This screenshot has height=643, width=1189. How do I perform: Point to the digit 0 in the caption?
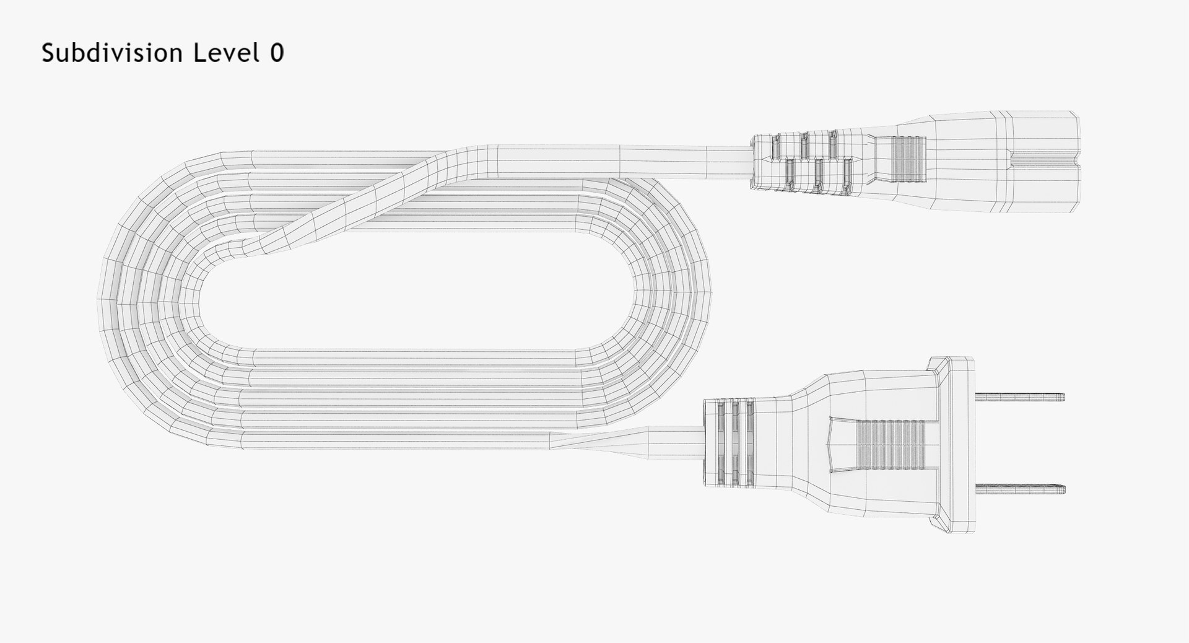tap(276, 53)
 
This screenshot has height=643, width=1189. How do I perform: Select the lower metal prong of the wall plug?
tap(1021, 489)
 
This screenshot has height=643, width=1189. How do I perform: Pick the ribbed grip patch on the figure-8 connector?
tap(908, 160)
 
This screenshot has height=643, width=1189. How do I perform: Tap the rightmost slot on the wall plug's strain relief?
tap(749, 442)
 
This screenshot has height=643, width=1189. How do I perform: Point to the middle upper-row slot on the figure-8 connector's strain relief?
tap(803, 144)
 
